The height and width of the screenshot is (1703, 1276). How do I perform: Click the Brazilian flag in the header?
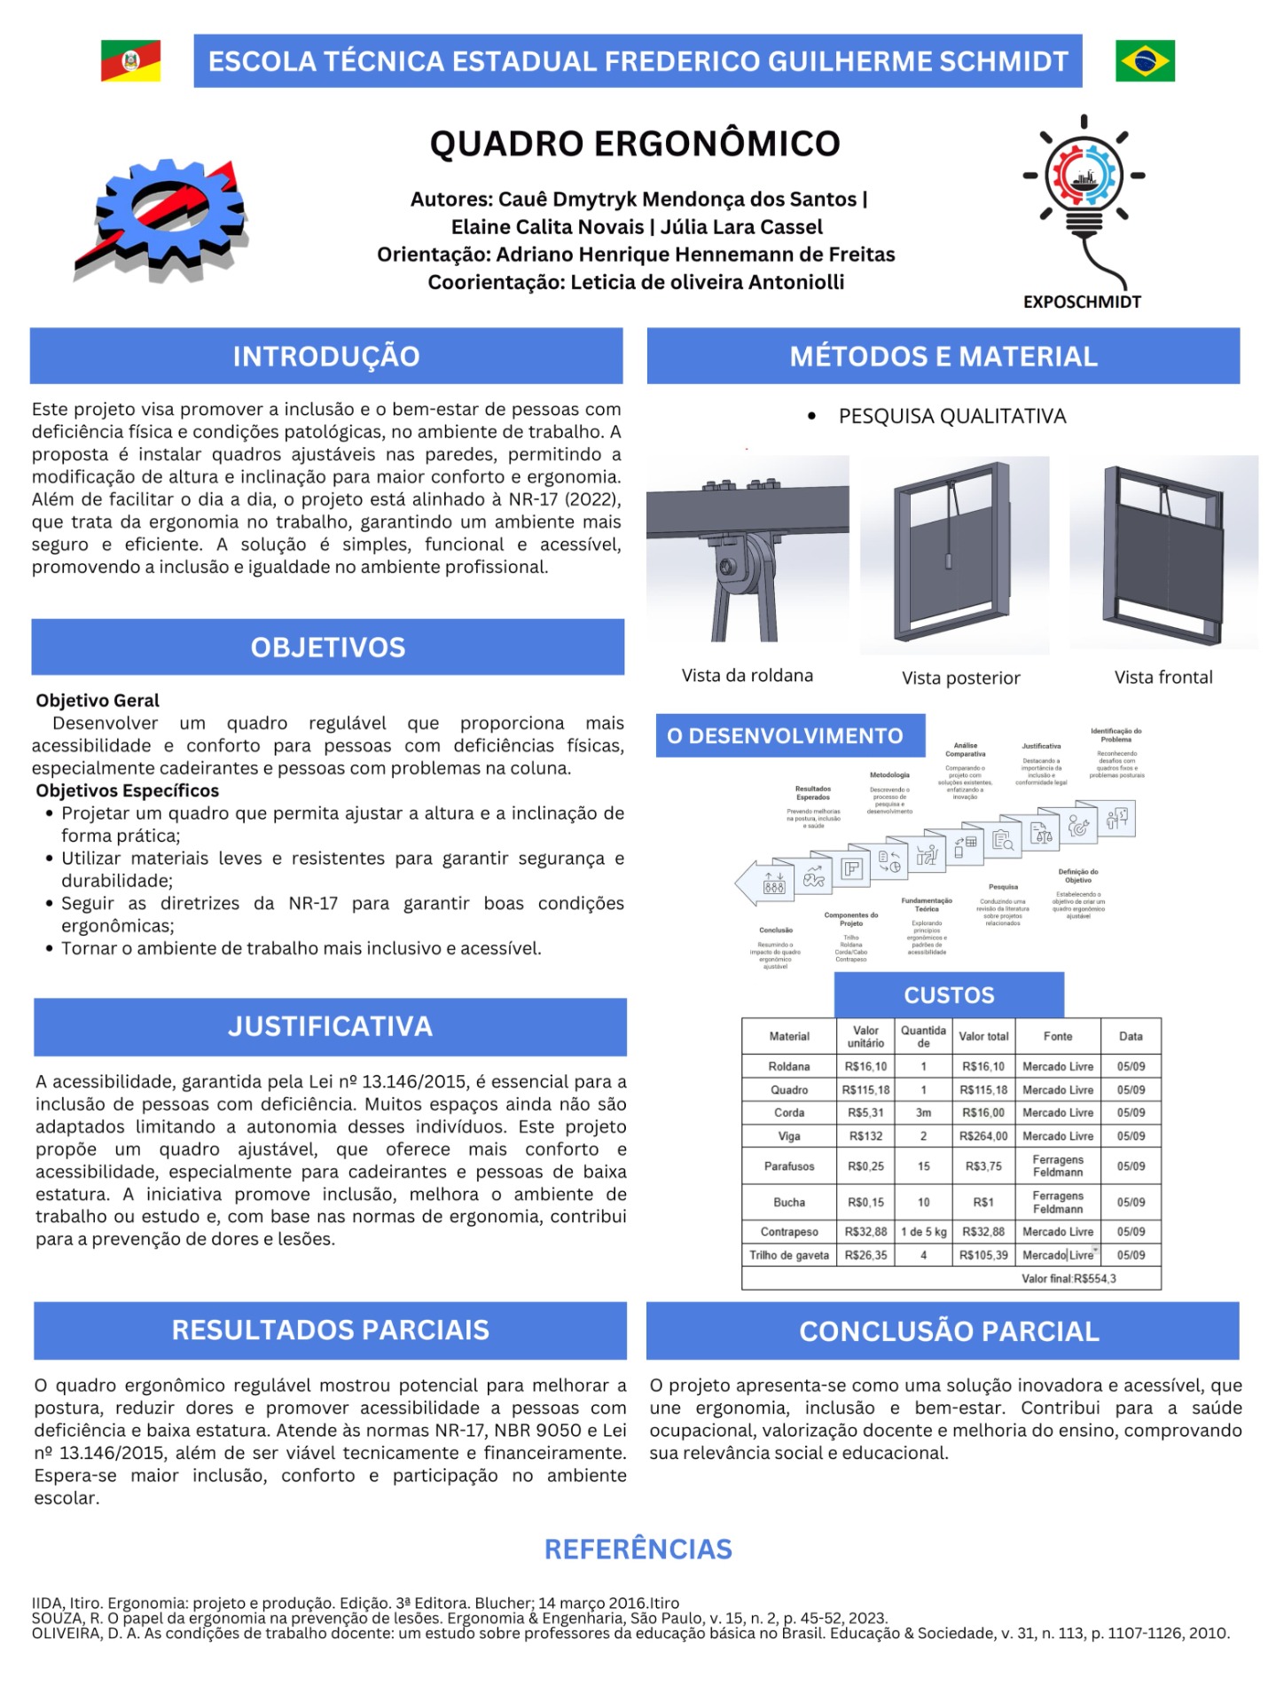point(1145,61)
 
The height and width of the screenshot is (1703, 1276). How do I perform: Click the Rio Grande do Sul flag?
point(130,61)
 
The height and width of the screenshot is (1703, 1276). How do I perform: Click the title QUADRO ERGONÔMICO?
point(635,144)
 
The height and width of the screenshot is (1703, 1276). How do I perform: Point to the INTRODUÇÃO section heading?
point(326,357)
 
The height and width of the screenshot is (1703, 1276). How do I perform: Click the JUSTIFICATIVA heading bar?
point(330,1027)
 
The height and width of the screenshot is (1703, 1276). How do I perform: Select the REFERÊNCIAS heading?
point(638,1550)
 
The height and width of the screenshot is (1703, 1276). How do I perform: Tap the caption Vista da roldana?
point(747,676)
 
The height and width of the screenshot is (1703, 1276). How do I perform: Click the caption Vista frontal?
point(1163,678)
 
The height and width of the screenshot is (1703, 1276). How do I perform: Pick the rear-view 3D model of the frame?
point(955,553)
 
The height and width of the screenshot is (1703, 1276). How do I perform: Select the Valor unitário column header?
point(865,1037)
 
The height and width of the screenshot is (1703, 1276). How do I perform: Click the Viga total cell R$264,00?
point(983,1136)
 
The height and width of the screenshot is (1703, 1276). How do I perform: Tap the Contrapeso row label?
point(789,1232)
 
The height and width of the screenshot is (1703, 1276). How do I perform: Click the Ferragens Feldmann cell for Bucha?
point(1057,1203)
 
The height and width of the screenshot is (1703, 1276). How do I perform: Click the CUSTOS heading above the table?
point(949,995)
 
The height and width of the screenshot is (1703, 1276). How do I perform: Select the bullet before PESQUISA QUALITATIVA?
point(811,416)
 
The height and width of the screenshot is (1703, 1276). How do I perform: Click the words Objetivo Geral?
point(98,701)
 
